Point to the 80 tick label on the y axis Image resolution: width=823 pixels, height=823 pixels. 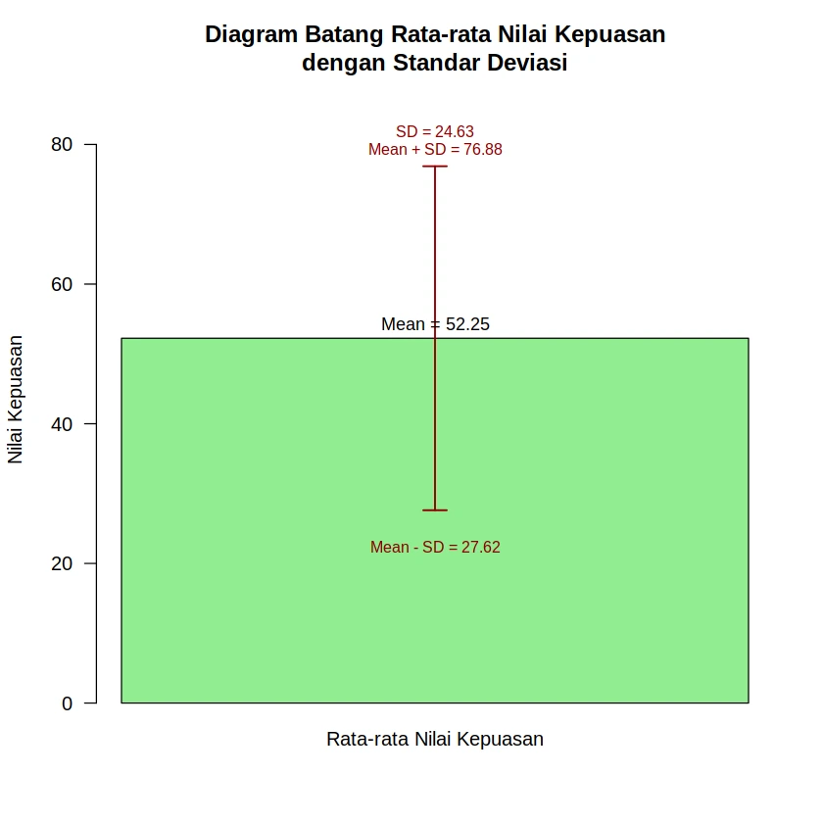coord(62,145)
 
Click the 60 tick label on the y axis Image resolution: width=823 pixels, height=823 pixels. coord(62,284)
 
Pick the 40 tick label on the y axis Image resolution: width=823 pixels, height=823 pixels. coord(62,424)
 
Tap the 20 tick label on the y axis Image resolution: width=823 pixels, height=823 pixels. coord(62,564)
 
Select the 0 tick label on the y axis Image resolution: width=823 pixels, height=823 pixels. coord(68,703)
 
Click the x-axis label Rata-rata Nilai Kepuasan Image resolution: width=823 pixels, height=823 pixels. coord(435,740)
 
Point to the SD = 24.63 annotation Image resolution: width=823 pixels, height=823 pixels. coord(435,131)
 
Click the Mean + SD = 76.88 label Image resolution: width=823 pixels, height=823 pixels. coord(435,150)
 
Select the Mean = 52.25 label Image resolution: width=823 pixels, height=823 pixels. coord(435,324)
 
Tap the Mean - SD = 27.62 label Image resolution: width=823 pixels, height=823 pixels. coord(435,548)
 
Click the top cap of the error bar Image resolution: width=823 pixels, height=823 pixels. coord(435,167)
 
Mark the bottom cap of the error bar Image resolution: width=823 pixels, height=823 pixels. coord(435,510)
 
